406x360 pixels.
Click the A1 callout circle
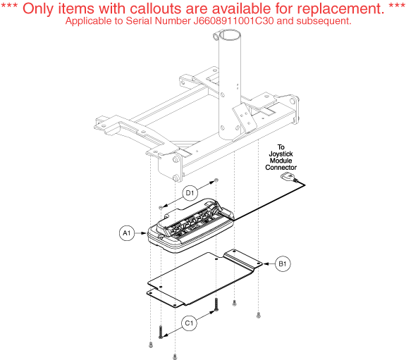click(x=127, y=233)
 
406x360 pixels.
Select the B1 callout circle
click(x=283, y=264)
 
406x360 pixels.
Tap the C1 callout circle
click(x=189, y=323)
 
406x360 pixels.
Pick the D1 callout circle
click(x=190, y=193)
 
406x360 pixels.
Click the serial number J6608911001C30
click(x=233, y=21)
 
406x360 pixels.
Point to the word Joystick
click(x=281, y=154)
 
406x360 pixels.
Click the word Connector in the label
click(x=281, y=168)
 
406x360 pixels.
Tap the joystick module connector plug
click(x=288, y=177)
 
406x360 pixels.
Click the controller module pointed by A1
click(x=191, y=225)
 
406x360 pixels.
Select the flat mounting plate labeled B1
click(x=204, y=278)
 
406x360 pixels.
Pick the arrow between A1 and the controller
click(x=140, y=233)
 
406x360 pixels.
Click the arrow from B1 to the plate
click(x=269, y=264)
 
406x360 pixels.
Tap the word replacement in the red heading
click(x=330, y=8)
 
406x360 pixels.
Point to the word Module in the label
click(x=281, y=161)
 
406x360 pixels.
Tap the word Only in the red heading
click(x=39, y=9)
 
